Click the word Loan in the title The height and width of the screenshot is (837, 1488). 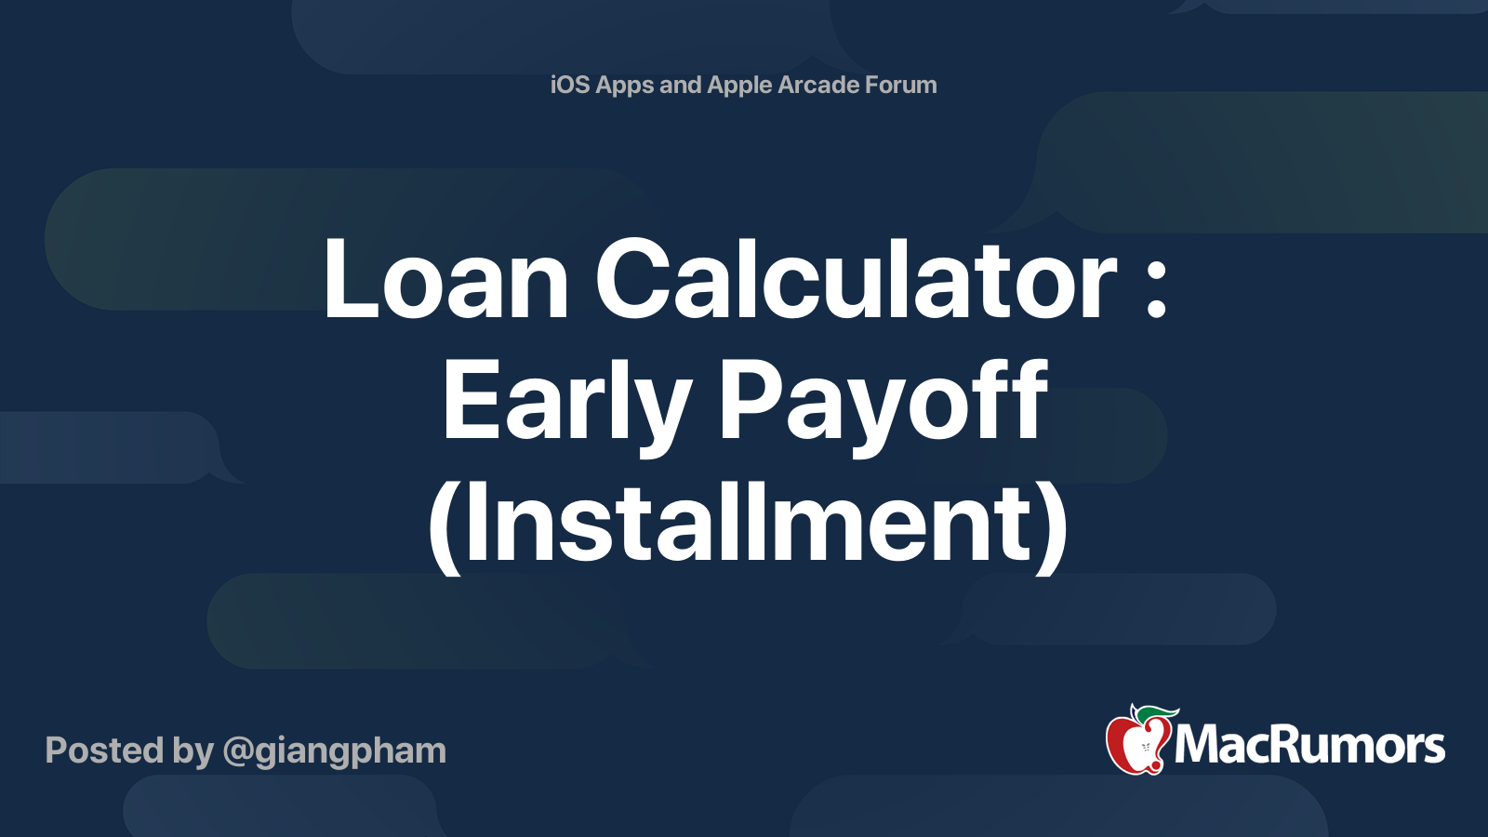pos(445,279)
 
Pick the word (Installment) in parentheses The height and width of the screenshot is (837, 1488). pos(748,525)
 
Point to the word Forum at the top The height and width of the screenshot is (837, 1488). pos(900,85)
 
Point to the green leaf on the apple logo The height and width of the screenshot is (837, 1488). pos(1156,713)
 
